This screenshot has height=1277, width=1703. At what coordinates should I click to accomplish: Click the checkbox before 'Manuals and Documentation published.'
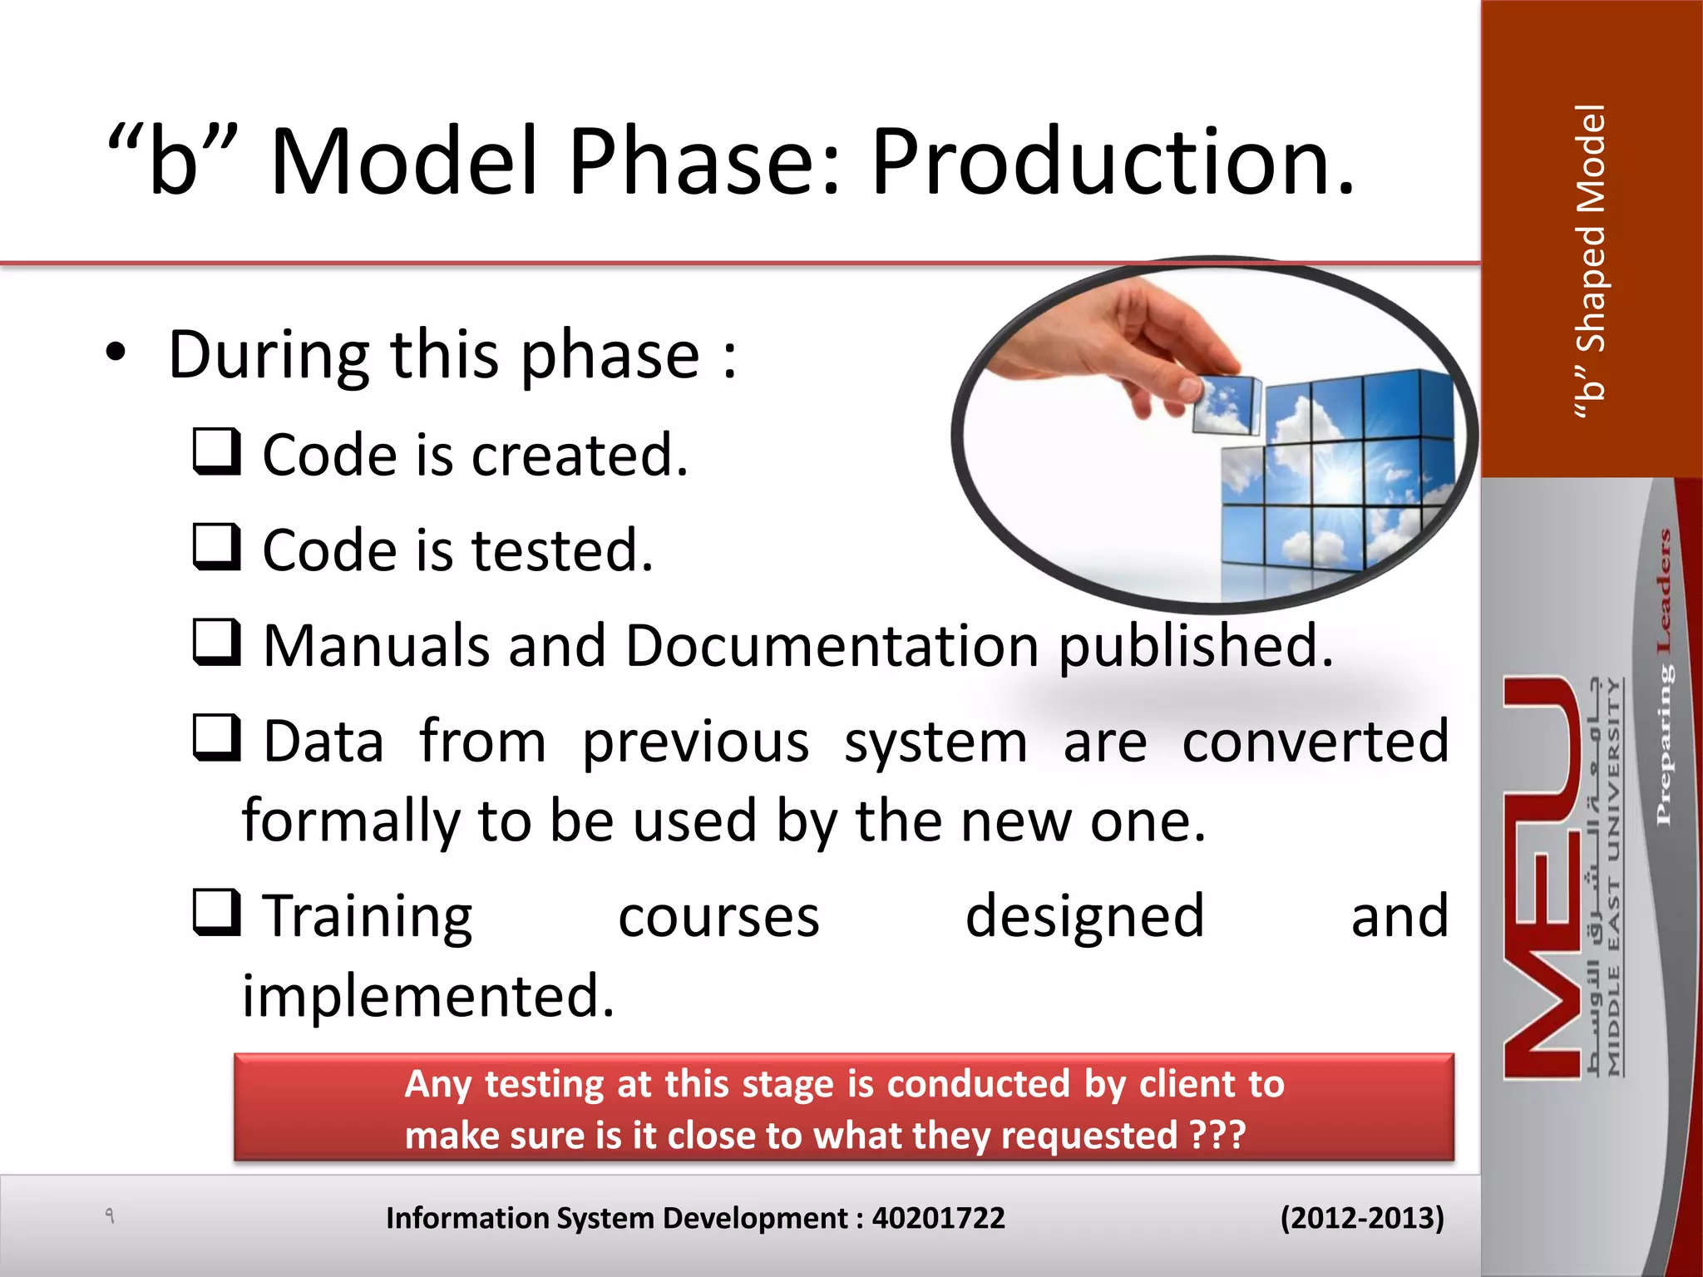(x=217, y=643)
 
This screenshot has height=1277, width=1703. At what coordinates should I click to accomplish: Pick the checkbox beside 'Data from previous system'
(x=217, y=738)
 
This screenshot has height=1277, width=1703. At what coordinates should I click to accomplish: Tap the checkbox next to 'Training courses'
(x=217, y=913)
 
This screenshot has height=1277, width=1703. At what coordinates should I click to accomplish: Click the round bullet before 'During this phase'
(x=116, y=353)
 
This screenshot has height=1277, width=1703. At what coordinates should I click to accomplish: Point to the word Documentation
(x=832, y=646)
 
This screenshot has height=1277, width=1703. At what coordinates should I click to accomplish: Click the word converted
(x=1315, y=742)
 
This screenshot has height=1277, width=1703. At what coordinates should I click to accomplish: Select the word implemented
(x=427, y=995)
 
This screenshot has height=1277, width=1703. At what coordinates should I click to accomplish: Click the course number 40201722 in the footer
(x=938, y=1218)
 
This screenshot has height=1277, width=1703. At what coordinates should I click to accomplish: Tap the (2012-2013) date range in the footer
(x=1361, y=1218)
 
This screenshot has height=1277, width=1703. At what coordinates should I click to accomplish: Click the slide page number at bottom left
(x=109, y=1215)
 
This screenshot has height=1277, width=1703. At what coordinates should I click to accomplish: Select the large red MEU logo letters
(x=1543, y=877)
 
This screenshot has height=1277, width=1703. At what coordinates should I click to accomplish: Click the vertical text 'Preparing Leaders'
(x=1663, y=678)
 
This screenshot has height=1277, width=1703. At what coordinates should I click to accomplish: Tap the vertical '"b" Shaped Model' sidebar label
(x=1591, y=262)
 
